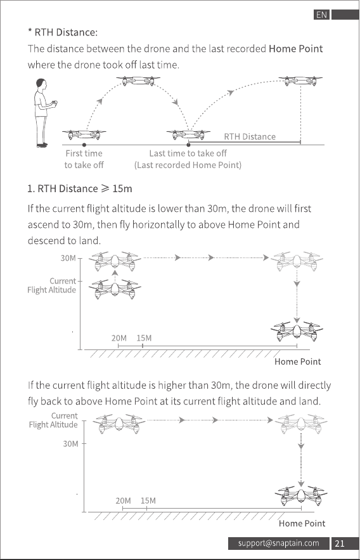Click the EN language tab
(321, 15)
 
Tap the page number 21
(340, 544)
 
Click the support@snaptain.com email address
(279, 544)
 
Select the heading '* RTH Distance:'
(63, 32)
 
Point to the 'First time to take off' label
(84, 159)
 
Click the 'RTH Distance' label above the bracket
(250, 136)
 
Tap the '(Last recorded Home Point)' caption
(188, 165)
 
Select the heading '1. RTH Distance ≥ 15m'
(80, 188)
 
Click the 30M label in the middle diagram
(68, 258)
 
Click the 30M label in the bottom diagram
(70, 443)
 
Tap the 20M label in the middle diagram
(119, 338)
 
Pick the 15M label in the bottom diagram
(148, 501)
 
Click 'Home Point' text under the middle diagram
(297, 361)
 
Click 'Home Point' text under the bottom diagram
(302, 524)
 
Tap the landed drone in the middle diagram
(297, 330)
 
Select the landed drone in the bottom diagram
(301, 495)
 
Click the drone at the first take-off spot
(84, 134)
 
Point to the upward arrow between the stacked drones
(115, 276)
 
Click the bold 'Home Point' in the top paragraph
(296, 49)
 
